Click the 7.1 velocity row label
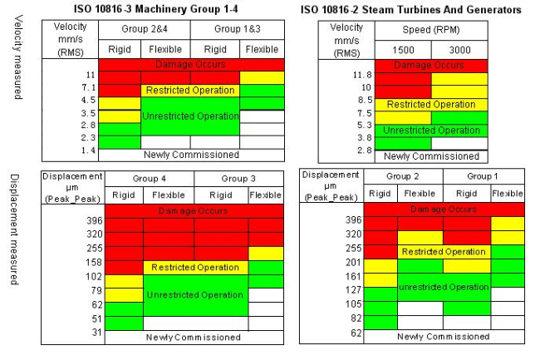(x=87, y=87)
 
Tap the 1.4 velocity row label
(x=87, y=151)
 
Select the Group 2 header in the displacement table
(x=404, y=177)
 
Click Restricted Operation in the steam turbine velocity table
(x=431, y=105)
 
